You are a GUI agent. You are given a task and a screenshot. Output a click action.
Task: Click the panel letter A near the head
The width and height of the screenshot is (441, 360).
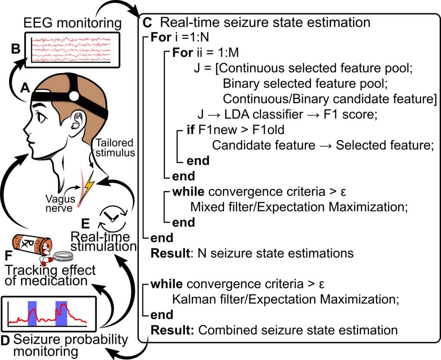point(25,88)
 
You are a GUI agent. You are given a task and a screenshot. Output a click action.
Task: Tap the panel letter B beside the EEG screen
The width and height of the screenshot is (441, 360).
point(16,48)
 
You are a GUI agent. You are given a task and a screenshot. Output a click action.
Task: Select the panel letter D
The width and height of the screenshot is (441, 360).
point(6,340)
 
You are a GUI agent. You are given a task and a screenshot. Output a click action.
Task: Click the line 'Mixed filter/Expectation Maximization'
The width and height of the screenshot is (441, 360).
point(298,207)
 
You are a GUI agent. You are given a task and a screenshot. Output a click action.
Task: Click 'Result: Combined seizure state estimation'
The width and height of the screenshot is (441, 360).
point(274,330)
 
